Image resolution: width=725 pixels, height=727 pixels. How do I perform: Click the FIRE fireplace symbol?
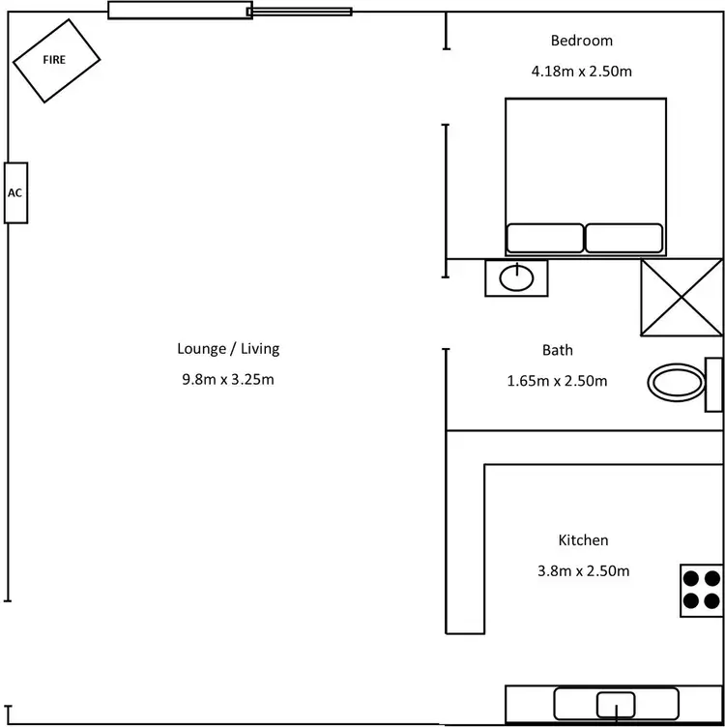[x=56, y=60]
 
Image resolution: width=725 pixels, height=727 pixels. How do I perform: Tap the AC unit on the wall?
[x=15, y=192]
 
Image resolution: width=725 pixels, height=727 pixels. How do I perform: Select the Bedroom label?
[x=582, y=41]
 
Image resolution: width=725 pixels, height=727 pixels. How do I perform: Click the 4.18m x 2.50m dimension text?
[x=582, y=71]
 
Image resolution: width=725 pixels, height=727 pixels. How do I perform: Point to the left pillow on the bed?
[x=545, y=239]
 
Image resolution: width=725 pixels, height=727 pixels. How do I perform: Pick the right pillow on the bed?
[x=624, y=239]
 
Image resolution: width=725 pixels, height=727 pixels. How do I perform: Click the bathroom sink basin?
[x=516, y=278]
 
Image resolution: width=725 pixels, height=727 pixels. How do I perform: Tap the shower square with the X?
[x=681, y=298]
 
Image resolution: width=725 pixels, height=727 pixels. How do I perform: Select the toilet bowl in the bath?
[x=676, y=383]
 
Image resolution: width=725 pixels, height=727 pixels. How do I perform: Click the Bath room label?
[x=557, y=350]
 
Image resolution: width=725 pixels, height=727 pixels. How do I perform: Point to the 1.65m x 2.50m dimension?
[x=557, y=380]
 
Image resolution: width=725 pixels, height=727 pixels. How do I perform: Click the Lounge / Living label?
[x=228, y=348]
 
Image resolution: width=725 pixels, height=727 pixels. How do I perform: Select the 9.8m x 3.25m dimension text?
[x=228, y=379]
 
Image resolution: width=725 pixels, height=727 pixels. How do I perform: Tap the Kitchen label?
[x=583, y=540]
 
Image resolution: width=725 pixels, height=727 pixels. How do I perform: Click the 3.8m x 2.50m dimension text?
[x=583, y=570]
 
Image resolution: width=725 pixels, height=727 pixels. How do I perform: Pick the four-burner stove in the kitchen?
[x=702, y=590]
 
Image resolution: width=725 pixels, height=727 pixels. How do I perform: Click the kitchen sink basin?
[x=615, y=705]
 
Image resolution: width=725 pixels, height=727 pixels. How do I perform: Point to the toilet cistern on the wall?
[x=715, y=384]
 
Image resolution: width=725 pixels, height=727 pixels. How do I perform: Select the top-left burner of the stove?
[x=691, y=579]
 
